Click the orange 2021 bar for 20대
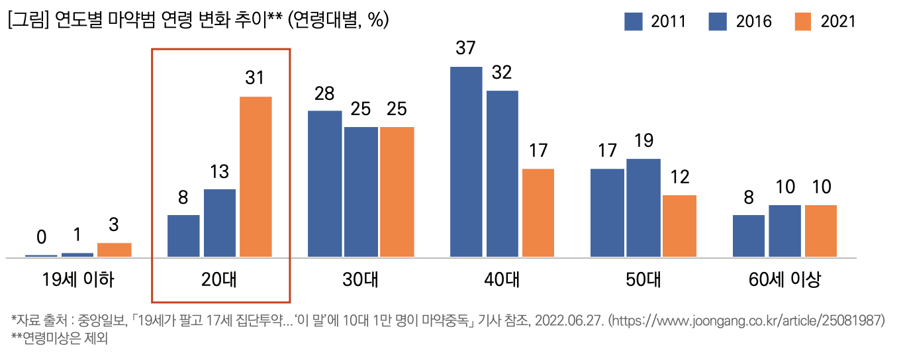[256, 177]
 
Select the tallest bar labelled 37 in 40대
[466, 161]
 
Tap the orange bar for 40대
[538, 212]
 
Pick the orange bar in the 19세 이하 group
[114, 249]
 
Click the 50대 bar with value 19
[643, 207]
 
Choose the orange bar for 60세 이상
[821, 230]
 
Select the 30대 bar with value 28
[325, 183]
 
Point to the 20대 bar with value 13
[220, 222]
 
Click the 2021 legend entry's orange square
[803, 22]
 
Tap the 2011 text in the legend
[668, 22]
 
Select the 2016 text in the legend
[753, 22]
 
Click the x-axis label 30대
[361, 280]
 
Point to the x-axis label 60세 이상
[785, 280]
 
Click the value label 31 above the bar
[255, 78]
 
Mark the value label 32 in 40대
[502, 73]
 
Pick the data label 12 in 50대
[680, 177]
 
